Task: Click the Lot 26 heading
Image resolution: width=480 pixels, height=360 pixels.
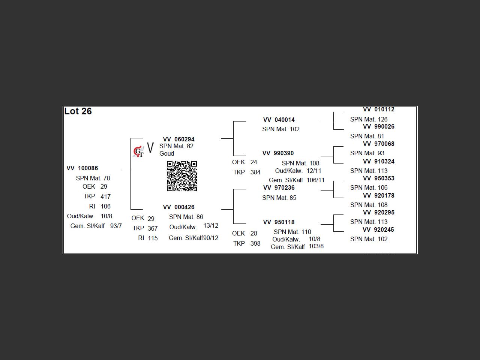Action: coord(78,111)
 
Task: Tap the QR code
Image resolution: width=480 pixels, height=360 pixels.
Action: coord(182,176)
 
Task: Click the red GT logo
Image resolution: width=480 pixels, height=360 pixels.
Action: coord(138,151)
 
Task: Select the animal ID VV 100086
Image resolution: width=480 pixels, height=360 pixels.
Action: coord(82,168)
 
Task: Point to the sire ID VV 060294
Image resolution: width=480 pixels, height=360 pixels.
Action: coord(178,139)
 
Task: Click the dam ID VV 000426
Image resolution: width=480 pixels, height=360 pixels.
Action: coord(178,207)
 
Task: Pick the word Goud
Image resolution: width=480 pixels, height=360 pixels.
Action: coord(166,153)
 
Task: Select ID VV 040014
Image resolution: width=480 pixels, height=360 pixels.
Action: coord(279,120)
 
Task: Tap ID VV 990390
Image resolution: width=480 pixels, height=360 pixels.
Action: coord(278,153)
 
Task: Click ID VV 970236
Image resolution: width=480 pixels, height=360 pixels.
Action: coord(279,187)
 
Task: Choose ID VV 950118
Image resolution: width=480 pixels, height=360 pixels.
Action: coord(279,222)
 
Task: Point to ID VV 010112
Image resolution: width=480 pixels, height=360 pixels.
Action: coord(378,109)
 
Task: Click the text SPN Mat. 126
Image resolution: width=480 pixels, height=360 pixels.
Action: coord(369,119)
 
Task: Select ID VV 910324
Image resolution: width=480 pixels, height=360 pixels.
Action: coord(378,162)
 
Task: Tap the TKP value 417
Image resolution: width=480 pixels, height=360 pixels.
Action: coord(105,196)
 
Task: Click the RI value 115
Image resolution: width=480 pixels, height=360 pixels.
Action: coord(153,238)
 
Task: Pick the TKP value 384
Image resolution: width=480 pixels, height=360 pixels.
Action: coord(255,172)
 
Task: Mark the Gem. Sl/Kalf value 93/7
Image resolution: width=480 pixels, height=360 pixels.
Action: coord(116,226)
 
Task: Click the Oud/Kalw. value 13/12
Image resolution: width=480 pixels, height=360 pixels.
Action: coord(211,226)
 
